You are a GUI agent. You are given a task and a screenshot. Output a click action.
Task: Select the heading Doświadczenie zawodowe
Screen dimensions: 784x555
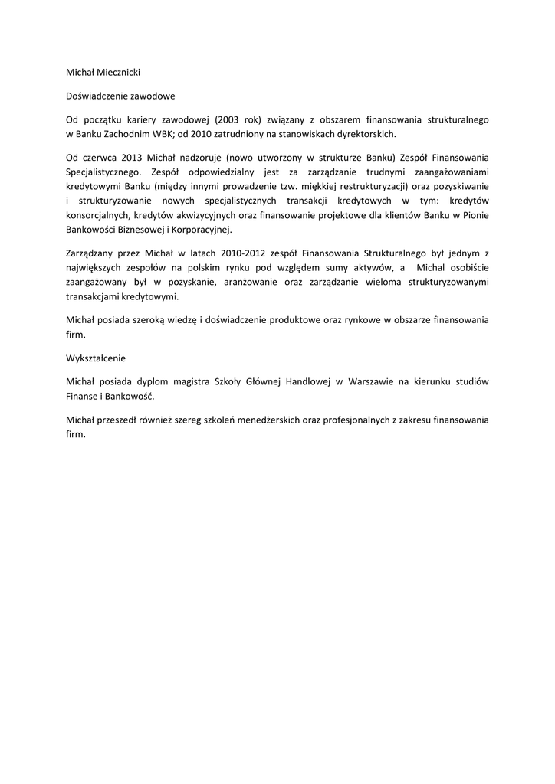pos(120,97)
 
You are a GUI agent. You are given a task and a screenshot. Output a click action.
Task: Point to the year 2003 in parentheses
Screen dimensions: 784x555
pos(230,120)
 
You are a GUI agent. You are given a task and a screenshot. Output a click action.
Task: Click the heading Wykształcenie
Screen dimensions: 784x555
pos(96,358)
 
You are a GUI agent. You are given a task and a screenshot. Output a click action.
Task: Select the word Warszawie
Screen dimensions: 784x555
pos(378,381)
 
